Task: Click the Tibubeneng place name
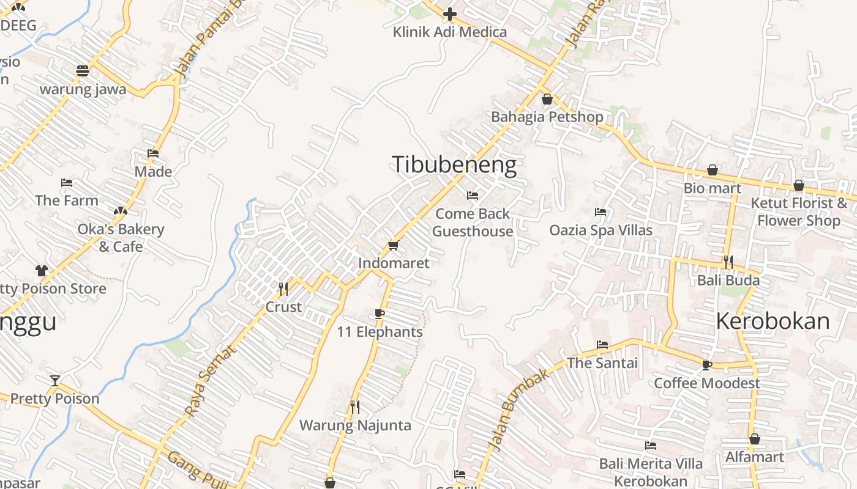pyautogui.click(x=454, y=165)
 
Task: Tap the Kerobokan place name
pyautogui.click(x=773, y=321)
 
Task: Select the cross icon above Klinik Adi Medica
pyautogui.click(x=450, y=13)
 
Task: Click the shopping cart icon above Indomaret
pyautogui.click(x=393, y=245)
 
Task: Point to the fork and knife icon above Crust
pyautogui.click(x=283, y=289)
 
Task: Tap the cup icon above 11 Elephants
pyautogui.click(x=380, y=314)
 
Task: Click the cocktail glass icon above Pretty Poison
pyautogui.click(x=55, y=381)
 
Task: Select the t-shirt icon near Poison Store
pyautogui.click(x=41, y=270)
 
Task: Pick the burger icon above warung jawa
pyautogui.click(x=83, y=70)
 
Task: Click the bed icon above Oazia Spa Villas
pyautogui.click(x=601, y=212)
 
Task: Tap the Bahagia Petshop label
pyautogui.click(x=547, y=117)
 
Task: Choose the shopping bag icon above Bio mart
pyautogui.click(x=713, y=170)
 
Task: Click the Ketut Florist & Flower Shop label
pyautogui.click(x=799, y=211)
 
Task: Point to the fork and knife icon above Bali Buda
pyautogui.click(x=728, y=262)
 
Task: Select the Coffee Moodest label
pyautogui.click(x=707, y=383)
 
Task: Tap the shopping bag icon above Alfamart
pyautogui.click(x=755, y=439)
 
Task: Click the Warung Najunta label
pyautogui.click(x=355, y=425)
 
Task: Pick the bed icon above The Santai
pyautogui.click(x=602, y=345)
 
